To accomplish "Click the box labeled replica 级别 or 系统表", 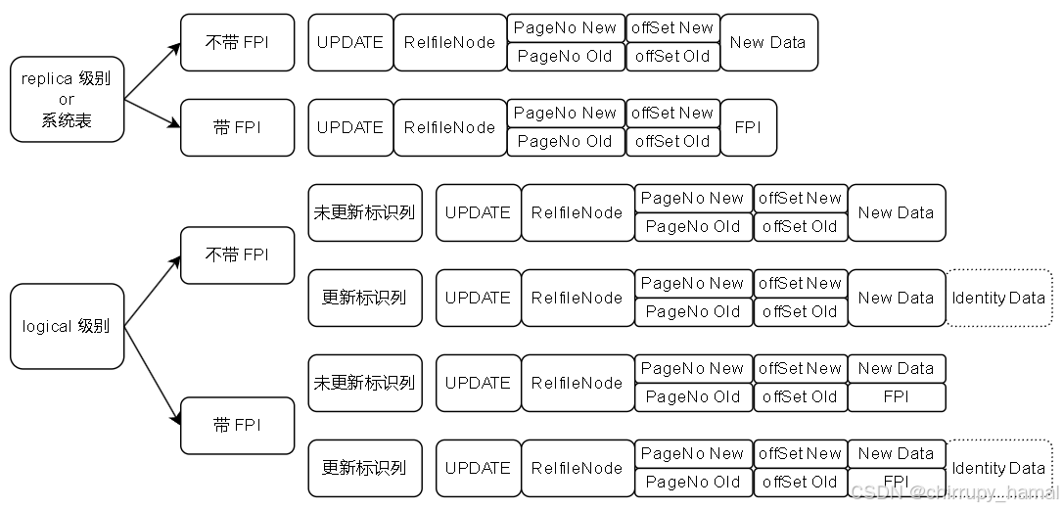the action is tap(67, 99).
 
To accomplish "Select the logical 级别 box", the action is tap(67, 326).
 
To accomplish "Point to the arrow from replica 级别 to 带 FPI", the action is tap(153, 114).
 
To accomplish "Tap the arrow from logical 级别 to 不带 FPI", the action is tap(153, 291).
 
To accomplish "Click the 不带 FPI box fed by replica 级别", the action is tap(237, 42).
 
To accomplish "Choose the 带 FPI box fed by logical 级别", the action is tap(237, 426).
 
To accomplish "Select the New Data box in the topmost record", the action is tap(768, 42).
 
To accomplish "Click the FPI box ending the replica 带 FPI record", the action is tap(748, 127).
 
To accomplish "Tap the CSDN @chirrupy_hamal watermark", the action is tap(954, 491).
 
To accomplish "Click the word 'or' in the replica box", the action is tap(67, 99).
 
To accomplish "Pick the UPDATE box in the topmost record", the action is tap(350, 42).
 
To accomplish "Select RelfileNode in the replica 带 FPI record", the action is tap(450, 127).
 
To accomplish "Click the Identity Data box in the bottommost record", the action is tap(998, 469).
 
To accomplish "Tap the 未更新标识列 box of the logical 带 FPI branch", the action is tap(364, 383).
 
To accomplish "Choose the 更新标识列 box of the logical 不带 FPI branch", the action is tap(364, 298).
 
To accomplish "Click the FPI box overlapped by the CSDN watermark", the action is tap(896, 482).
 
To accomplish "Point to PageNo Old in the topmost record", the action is tap(566, 57).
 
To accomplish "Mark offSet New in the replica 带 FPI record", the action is tap(672, 114).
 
